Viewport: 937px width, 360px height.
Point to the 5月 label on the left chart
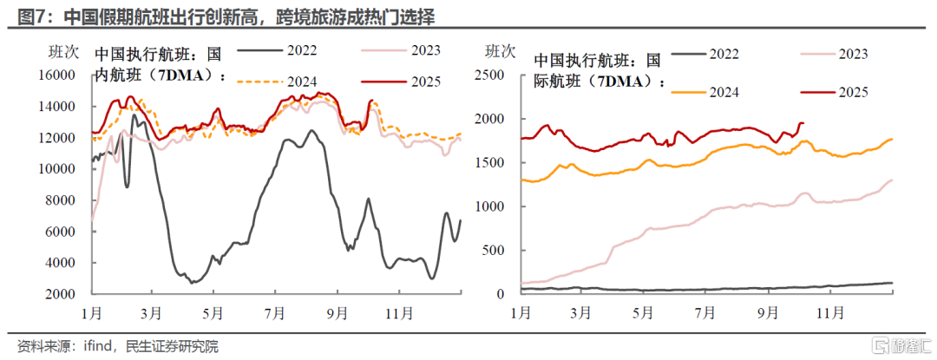point(211,312)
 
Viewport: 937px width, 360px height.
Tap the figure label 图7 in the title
point(22,15)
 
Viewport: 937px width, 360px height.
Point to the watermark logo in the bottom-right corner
point(883,346)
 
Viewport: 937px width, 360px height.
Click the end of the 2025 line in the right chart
point(803,123)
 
